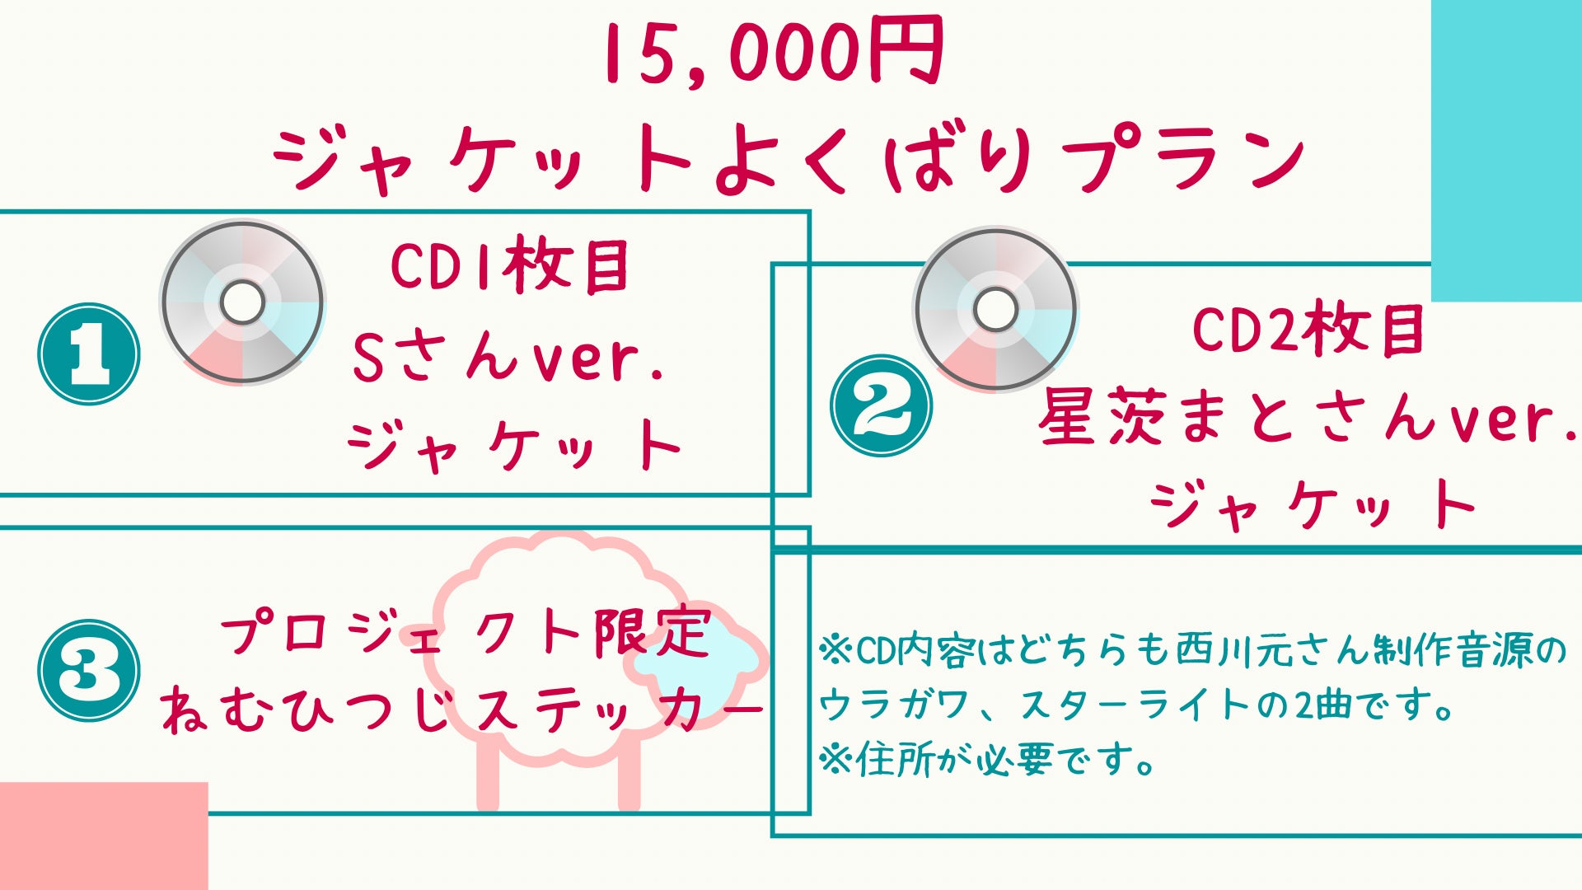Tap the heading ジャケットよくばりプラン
789,158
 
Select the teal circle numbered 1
89,354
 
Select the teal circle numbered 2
881,405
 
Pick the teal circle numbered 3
89,670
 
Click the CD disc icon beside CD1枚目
242,302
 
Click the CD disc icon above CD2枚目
995,310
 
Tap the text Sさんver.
508,357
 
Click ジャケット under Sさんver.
515,446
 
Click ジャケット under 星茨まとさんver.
1312,505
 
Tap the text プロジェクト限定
466,633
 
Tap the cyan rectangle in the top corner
1506,151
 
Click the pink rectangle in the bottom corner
104,836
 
